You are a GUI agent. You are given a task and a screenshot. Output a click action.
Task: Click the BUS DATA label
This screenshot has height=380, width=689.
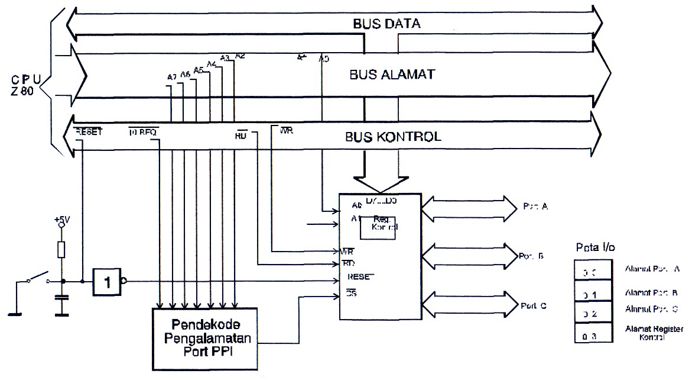[x=386, y=24]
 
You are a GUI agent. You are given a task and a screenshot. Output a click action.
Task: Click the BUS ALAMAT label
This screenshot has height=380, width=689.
[x=392, y=75]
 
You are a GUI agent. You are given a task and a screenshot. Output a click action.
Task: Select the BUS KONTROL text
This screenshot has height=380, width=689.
[x=393, y=137]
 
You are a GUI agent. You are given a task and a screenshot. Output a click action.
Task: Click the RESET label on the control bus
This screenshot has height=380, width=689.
[x=89, y=132]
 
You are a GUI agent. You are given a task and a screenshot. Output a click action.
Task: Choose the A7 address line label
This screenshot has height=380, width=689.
[x=172, y=76]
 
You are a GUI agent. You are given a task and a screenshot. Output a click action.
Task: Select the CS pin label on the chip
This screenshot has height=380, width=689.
[x=351, y=292]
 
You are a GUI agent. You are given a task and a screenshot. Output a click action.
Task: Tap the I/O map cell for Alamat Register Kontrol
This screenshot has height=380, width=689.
[x=591, y=336]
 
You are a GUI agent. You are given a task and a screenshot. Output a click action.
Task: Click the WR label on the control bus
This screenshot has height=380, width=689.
[x=287, y=130]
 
